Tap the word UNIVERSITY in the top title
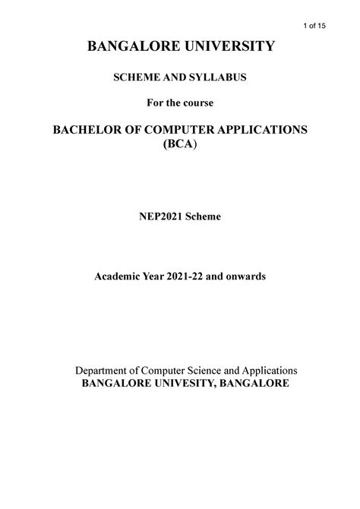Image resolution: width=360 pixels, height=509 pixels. click(226, 48)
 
